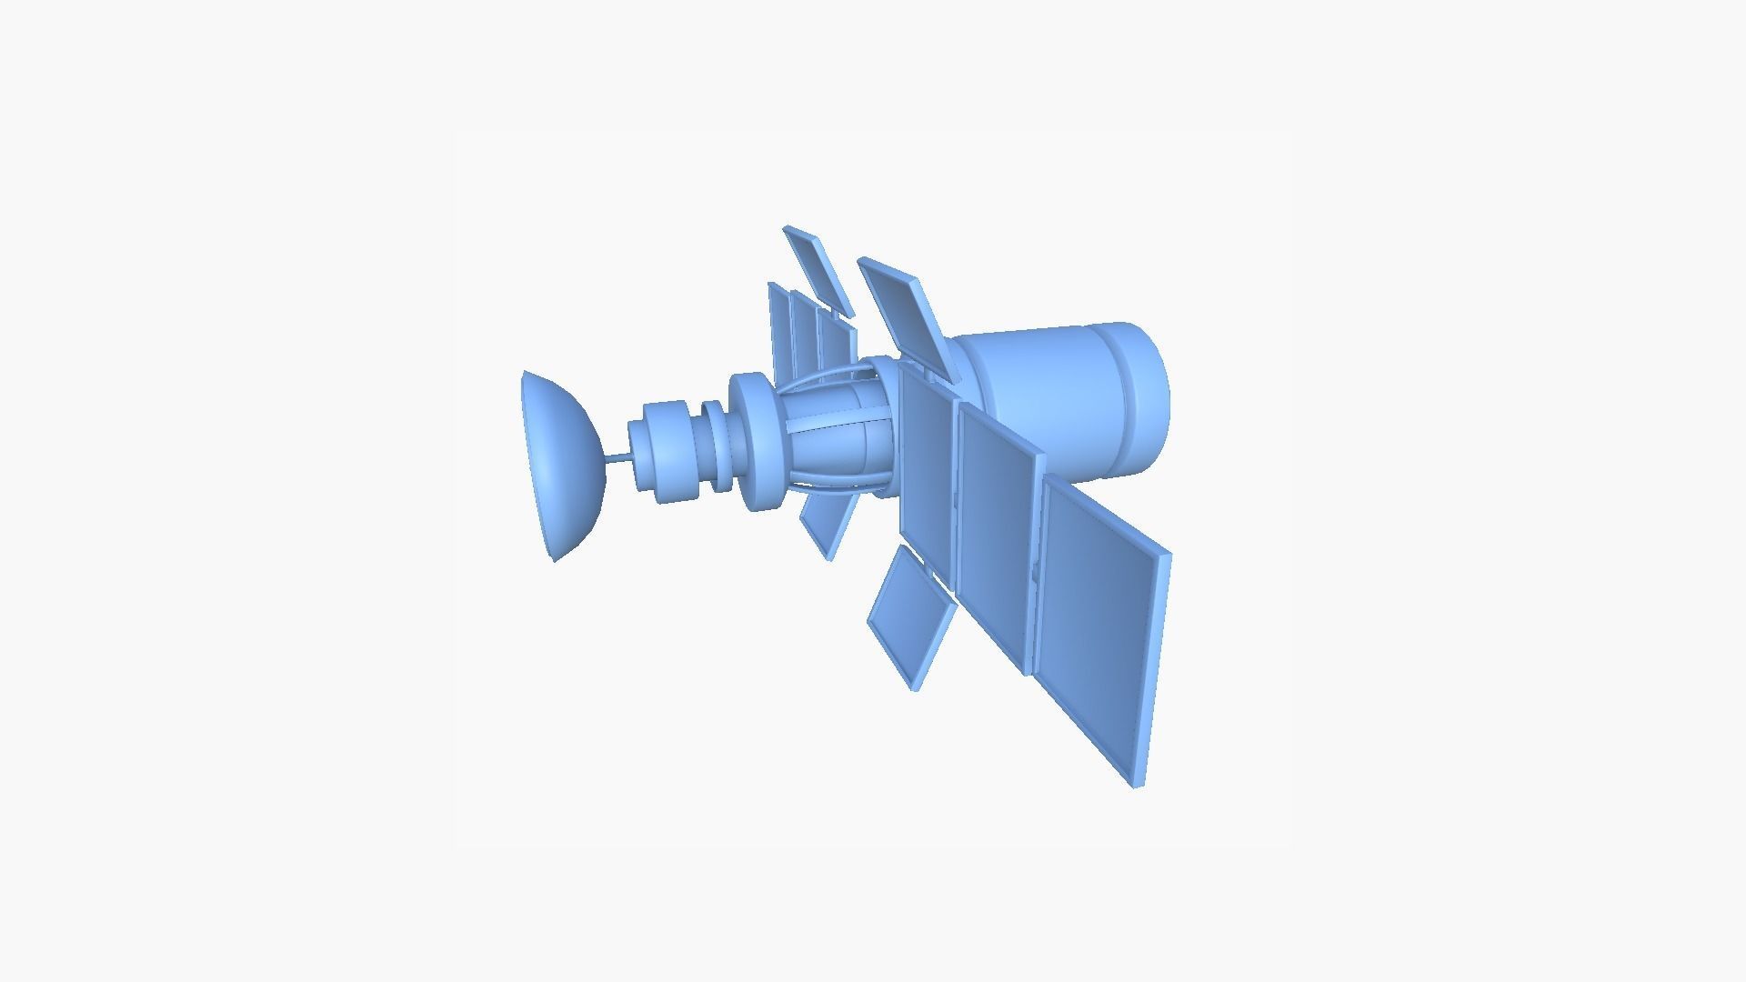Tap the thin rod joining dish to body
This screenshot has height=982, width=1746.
(617, 458)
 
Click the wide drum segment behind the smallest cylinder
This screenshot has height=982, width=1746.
(671, 451)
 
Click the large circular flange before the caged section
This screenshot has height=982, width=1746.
(755, 442)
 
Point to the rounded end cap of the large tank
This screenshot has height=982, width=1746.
(1148, 396)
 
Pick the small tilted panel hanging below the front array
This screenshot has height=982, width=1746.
(912, 618)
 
